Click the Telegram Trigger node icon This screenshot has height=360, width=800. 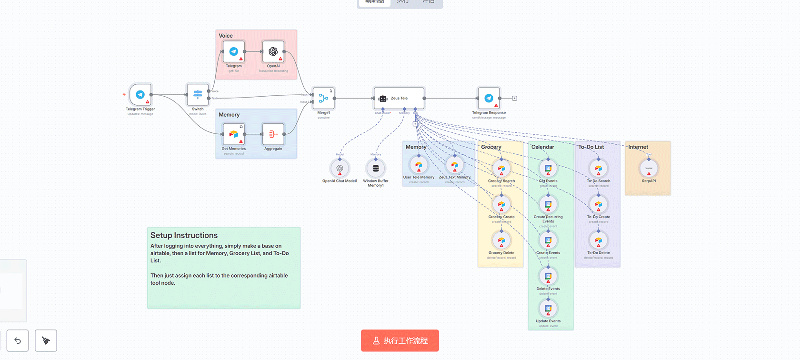pyautogui.click(x=140, y=95)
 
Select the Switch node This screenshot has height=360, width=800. pyautogui.click(x=198, y=95)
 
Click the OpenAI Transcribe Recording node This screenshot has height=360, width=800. pyautogui.click(x=273, y=51)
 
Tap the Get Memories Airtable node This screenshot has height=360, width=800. pyautogui.click(x=234, y=134)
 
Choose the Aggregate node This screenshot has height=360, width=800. pyautogui.click(x=273, y=134)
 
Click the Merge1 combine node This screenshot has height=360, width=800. pyautogui.click(x=323, y=99)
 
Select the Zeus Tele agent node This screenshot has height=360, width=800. pyautogui.click(x=399, y=99)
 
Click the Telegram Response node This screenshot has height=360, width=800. pyautogui.click(x=489, y=98)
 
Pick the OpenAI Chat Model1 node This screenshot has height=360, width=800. pyautogui.click(x=340, y=168)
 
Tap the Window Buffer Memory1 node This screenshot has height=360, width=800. pyautogui.click(x=376, y=168)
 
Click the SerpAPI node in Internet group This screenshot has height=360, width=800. pyautogui.click(x=649, y=168)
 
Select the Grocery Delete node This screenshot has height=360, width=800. pyautogui.click(x=501, y=240)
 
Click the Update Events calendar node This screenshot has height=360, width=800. pyautogui.click(x=548, y=308)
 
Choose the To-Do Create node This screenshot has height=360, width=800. pyautogui.click(x=599, y=204)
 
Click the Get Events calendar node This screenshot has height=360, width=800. pyautogui.click(x=548, y=168)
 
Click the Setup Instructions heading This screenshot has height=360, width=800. pyautogui.click(x=184, y=235)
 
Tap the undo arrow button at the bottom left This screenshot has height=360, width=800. pyautogui.click(x=18, y=340)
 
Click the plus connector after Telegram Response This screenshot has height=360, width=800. pyautogui.click(x=514, y=98)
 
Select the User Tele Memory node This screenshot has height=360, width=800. pyautogui.click(x=419, y=165)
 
